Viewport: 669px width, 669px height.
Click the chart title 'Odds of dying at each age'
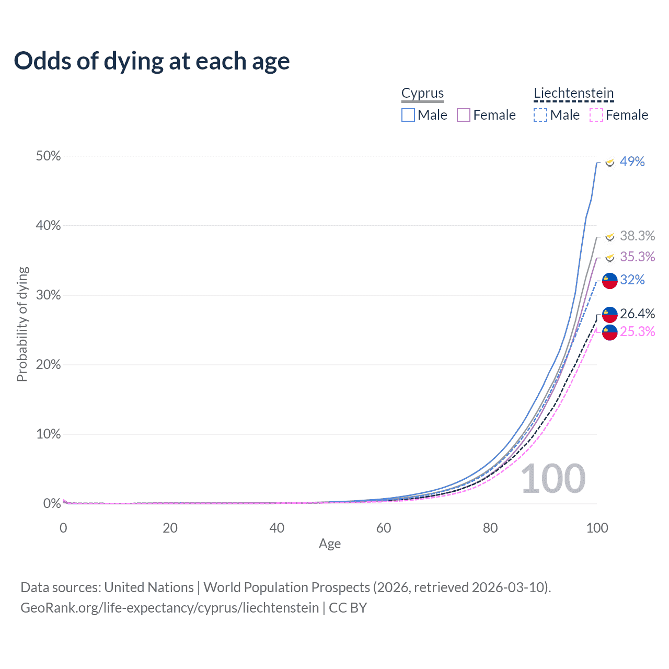[x=152, y=61]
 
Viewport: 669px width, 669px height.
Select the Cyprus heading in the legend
[x=422, y=93]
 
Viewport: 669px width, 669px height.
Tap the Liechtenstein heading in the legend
[x=573, y=93]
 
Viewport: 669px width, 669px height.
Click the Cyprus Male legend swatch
[x=408, y=115]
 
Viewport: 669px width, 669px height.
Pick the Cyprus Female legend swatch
[x=464, y=115]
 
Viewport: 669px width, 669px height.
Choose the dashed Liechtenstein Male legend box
[x=540, y=115]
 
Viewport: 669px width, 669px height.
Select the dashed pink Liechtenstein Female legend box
[x=596, y=115]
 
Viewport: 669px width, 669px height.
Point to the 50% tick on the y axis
[x=48, y=156]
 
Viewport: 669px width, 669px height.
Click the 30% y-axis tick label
[x=48, y=295]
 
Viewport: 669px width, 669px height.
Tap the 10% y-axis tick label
[x=48, y=434]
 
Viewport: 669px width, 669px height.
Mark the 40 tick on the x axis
[x=276, y=528]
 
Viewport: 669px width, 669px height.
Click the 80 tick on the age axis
[x=490, y=528]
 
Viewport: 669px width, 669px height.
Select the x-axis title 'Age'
[x=330, y=544]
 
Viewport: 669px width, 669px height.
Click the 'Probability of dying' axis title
[x=22, y=324]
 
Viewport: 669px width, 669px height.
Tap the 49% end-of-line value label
[x=632, y=162]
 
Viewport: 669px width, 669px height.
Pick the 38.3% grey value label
[x=637, y=236]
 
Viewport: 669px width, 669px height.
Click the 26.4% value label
[x=637, y=314]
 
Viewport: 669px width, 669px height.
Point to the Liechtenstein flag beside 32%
[x=610, y=281]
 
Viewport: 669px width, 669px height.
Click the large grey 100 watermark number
[x=553, y=479]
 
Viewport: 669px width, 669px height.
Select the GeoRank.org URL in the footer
[x=169, y=608]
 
